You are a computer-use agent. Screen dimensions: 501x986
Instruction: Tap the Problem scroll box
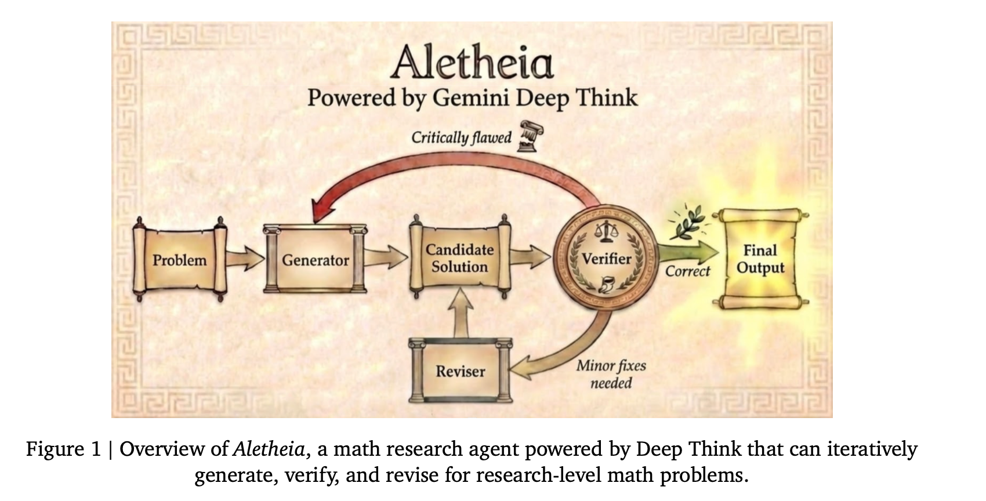(x=179, y=260)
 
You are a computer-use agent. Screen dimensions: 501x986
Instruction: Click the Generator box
(x=315, y=260)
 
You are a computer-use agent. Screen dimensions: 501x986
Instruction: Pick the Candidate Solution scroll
(x=459, y=258)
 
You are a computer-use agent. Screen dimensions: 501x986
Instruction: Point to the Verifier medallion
(x=606, y=258)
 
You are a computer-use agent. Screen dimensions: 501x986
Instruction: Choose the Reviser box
(x=460, y=371)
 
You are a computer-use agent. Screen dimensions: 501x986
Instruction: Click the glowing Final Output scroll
(x=760, y=259)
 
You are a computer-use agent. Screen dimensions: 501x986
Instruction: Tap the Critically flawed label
(x=461, y=137)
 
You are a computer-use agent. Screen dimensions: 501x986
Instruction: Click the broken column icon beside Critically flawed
(x=528, y=136)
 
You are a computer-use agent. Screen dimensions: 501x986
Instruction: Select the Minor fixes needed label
(x=611, y=374)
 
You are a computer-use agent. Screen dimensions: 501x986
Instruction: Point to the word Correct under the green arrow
(x=687, y=271)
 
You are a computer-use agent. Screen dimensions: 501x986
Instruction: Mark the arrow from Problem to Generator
(x=245, y=258)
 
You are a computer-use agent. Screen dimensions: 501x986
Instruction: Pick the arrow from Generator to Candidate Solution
(x=386, y=257)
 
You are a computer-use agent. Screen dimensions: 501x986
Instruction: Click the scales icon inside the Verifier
(x=607, y=234)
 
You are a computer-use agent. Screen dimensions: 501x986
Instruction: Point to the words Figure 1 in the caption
(x=63, y=450)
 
